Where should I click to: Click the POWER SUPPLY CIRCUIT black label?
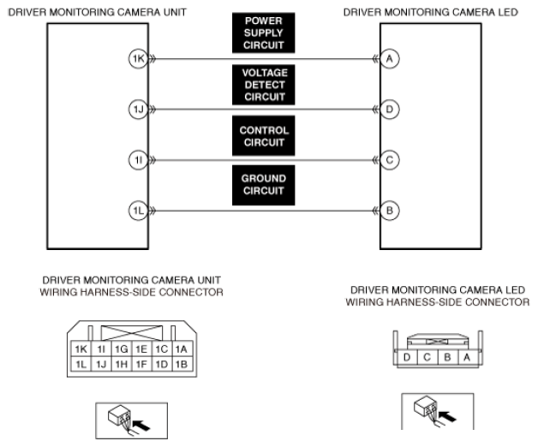(x=264, y=33)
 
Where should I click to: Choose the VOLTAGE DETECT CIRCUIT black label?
(x=264, y=85)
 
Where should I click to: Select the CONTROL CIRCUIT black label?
(x=264, y=136)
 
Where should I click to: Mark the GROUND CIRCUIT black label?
(x=264, y=185)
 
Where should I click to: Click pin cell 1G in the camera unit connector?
(x=122, y=349)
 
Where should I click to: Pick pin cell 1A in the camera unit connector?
(x=182, y=349)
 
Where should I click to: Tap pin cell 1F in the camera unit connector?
(x=141, y=364)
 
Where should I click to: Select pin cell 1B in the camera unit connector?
(x=182, y=364)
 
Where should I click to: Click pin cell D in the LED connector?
(x=407, y=357)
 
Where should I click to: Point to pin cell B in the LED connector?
(x=447, y=357)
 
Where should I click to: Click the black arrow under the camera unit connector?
(x=141, y=426)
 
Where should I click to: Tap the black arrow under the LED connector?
(x=447, y=416)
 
